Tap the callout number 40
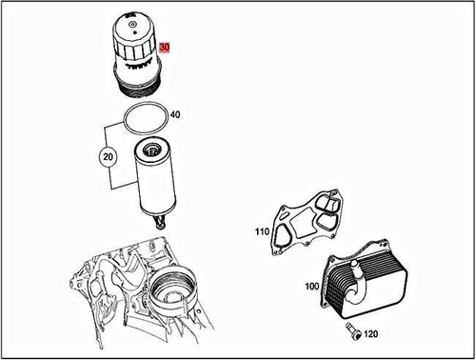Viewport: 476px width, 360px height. [175, 116]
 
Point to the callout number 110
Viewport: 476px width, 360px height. [261, 231]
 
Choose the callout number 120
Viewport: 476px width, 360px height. [370, 334]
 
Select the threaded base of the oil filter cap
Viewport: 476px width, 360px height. [139, 84]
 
